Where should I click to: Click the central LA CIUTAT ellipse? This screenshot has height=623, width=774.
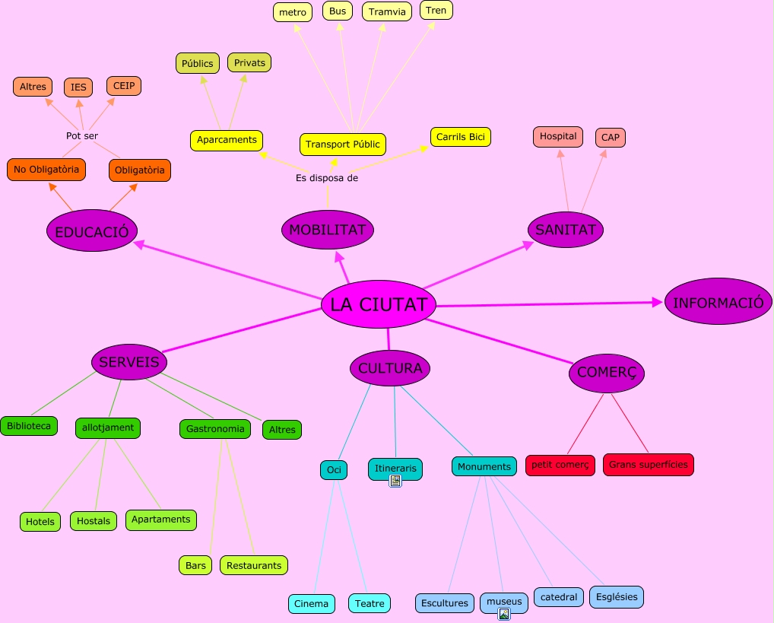click(379, 304)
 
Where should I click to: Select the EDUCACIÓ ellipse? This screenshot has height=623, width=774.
click(92, 231)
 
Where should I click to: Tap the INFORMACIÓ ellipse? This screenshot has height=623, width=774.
click(718, 302)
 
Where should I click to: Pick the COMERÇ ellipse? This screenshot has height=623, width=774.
click(607, 372)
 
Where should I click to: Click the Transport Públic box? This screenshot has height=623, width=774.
click(342, 144)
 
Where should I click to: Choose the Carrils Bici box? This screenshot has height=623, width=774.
click(460, 137)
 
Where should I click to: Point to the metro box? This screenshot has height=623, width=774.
click(292, 12)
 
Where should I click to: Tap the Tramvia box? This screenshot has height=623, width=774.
click(387, 11)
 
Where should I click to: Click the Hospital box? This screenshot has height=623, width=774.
click(558, 137)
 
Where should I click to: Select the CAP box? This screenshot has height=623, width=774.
click(610, 138)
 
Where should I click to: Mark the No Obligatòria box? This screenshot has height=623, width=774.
click(46, 169)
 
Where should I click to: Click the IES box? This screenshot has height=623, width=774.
click(78, 87)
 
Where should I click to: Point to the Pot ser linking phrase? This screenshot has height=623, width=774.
click(82, 135)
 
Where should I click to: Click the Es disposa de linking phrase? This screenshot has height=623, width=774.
click(327, 178)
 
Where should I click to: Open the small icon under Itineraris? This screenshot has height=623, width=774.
click(395, 481)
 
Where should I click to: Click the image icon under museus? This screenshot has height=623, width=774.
click(503, 614)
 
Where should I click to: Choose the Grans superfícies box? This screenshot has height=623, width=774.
click(648, 464)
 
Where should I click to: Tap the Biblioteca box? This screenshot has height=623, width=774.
click(29, 426)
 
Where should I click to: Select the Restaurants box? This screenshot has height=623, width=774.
click(254, 565)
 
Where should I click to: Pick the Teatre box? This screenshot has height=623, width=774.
click(370, 603)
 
